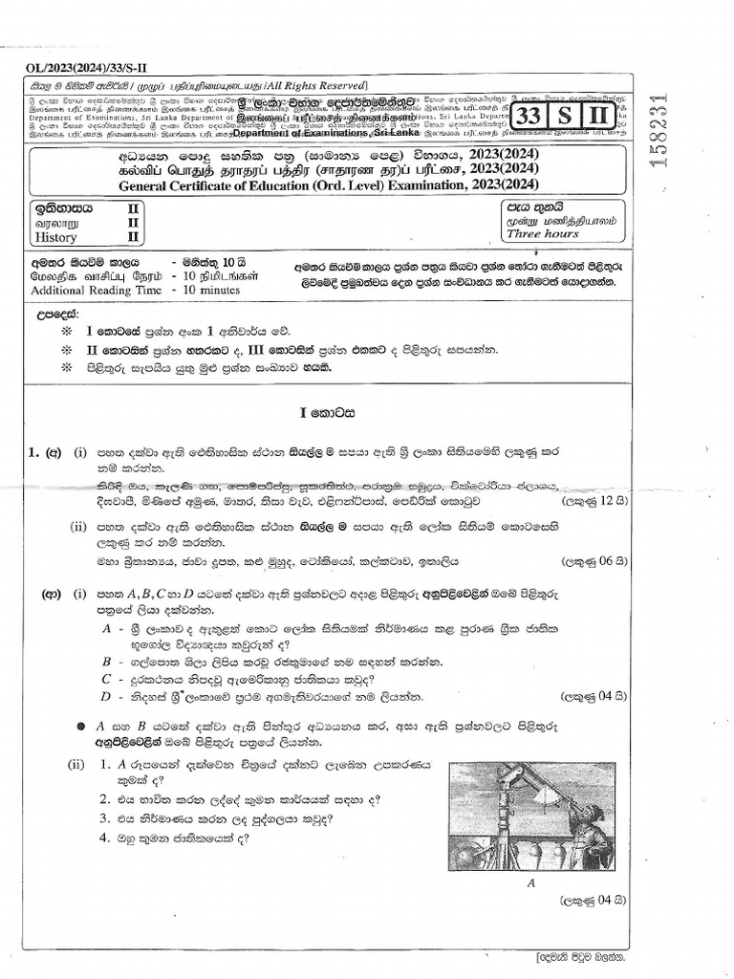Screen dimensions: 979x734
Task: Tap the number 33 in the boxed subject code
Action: [x=529, y=118]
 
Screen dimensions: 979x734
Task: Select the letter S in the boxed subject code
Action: [x=565, y=118]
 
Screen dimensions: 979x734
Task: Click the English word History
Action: [x=54, y=237]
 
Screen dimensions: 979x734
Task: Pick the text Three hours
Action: [x=536, y=233]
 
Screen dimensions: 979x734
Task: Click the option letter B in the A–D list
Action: [x=107, y=661]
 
